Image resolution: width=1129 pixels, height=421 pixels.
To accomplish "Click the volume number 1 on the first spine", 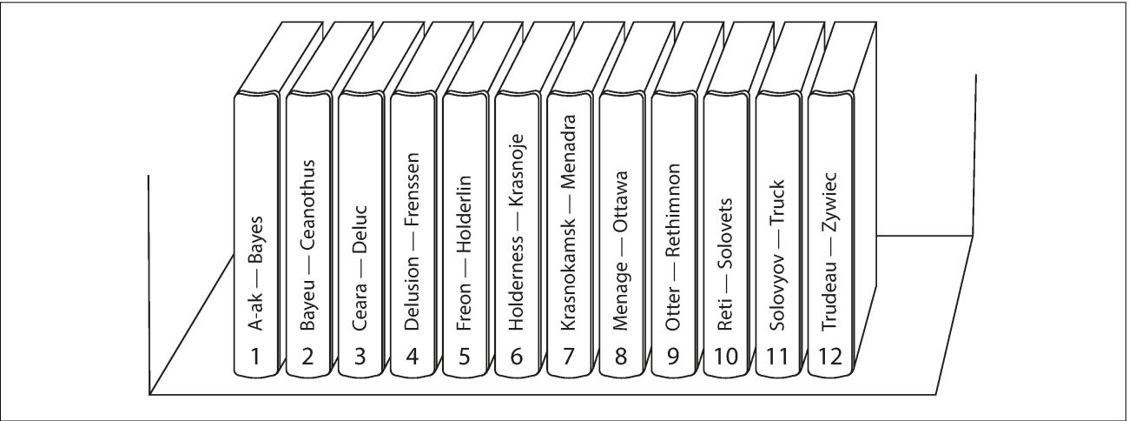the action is coord(256,357).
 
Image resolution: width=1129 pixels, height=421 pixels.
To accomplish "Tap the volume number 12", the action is coord(830,357).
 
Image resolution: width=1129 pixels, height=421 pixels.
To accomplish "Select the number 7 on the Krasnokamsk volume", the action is coord(569,357).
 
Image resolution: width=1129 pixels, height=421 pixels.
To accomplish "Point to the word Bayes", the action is coord(256,241).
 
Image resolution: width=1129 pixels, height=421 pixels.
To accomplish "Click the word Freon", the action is coord(465,307).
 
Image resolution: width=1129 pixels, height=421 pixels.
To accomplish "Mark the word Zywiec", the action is coord(830,202).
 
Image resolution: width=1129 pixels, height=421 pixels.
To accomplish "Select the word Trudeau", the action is coord(830,297).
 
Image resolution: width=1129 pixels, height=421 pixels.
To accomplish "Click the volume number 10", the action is coord(726,357).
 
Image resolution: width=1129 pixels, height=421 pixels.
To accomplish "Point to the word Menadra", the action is coord(569,152).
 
